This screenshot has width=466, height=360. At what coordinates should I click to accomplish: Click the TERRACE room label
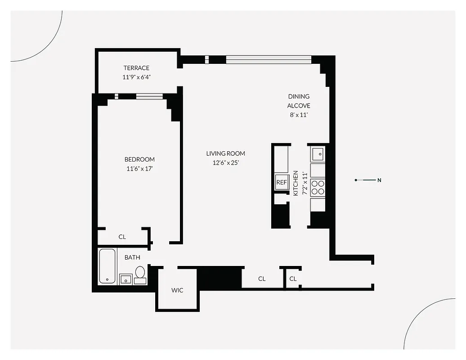[x=136, y=68]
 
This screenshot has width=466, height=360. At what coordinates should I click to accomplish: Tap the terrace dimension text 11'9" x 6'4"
[x=136, y=77]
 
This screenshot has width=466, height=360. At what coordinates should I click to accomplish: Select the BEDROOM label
[x=139, y=159]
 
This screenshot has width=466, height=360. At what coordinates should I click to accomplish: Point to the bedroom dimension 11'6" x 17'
[x=139, y=169]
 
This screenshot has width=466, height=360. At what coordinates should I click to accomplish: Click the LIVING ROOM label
[x=226, y=153]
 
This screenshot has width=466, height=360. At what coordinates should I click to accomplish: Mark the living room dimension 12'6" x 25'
[x=226, y=163]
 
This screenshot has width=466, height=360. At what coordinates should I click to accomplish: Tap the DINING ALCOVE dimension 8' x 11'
[x=299, y=115]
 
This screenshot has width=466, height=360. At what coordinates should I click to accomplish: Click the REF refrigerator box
[x=282, y=182]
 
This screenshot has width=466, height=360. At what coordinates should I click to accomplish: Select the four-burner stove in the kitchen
[x=318, y=187]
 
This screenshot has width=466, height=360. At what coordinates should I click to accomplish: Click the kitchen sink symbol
[x=318, y=154]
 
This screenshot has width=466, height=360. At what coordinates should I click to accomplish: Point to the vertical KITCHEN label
[x=296, y=183]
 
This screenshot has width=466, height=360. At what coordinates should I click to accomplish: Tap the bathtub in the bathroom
[x=108, y=266]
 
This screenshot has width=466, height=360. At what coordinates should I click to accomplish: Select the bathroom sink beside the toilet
[x=125, y=279]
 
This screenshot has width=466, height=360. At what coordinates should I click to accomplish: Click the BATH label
[x=132, y=257]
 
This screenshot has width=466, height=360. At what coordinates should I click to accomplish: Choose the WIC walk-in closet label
[x=177, y=290]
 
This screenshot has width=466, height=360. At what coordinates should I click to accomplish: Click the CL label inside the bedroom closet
[x=122, y=237]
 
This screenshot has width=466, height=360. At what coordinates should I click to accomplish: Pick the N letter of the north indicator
[x=379, y=180]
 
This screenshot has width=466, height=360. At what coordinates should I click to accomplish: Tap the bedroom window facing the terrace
[x=149, y=95]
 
